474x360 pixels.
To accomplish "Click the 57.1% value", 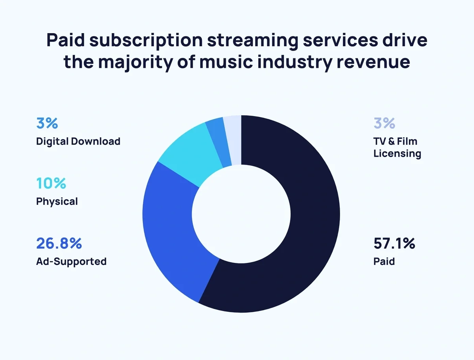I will click(394, 244).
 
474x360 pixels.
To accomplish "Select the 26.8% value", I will click(58, 244).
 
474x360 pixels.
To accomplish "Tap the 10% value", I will click(51, 183).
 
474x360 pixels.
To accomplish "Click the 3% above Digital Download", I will click(47, 123).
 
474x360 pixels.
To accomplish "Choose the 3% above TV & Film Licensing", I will click(384, 123).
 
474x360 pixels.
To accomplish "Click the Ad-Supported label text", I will click(71, 261).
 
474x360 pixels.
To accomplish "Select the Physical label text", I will click(57, 201).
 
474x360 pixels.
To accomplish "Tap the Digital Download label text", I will click(78, 141).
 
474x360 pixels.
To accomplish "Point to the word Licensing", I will click(397, 153).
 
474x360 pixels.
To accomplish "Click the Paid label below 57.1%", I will click(384, 261).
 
